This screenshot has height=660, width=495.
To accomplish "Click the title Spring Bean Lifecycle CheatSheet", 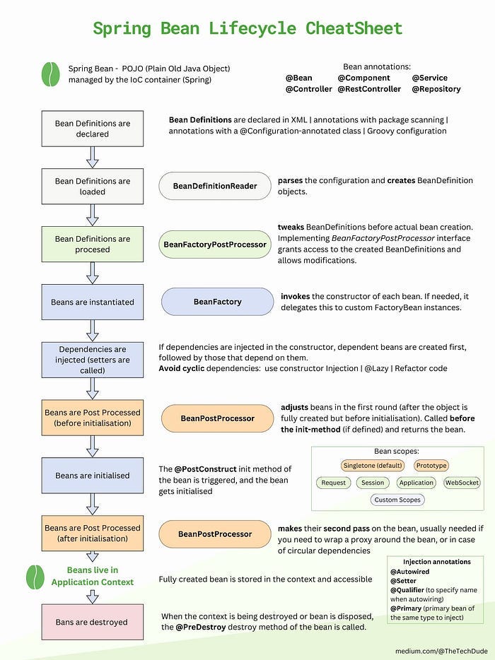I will click(248, 28).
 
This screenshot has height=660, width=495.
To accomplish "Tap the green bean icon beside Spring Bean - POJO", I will click(50, 73).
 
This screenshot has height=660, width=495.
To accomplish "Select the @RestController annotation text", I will click(369, 89).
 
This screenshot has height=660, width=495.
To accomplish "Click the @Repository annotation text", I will click(436, 89).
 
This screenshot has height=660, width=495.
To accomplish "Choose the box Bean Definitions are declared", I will click(93, 129).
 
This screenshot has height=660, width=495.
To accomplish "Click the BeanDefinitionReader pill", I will click(215, 186).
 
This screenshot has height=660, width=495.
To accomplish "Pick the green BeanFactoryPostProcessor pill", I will click(215, 244).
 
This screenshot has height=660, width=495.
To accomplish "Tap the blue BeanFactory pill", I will click(217, 302).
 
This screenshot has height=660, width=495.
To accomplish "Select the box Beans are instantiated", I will click(93, 302).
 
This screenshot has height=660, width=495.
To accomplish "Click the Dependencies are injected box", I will click(93, 360).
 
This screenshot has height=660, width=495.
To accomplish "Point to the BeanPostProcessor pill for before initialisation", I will click(217, 418).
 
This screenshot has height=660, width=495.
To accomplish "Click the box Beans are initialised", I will click(93, 476).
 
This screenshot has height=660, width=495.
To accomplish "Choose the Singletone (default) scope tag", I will click(373, 466).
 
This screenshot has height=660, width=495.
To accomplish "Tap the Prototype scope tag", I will click(431, 466).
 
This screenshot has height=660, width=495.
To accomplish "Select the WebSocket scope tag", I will click(462, 483).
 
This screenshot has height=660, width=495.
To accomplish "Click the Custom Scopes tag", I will click(397, 500).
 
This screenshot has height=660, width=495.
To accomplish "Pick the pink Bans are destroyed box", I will click(93, 622).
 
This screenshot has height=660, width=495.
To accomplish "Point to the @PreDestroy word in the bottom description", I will click(199, 627).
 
